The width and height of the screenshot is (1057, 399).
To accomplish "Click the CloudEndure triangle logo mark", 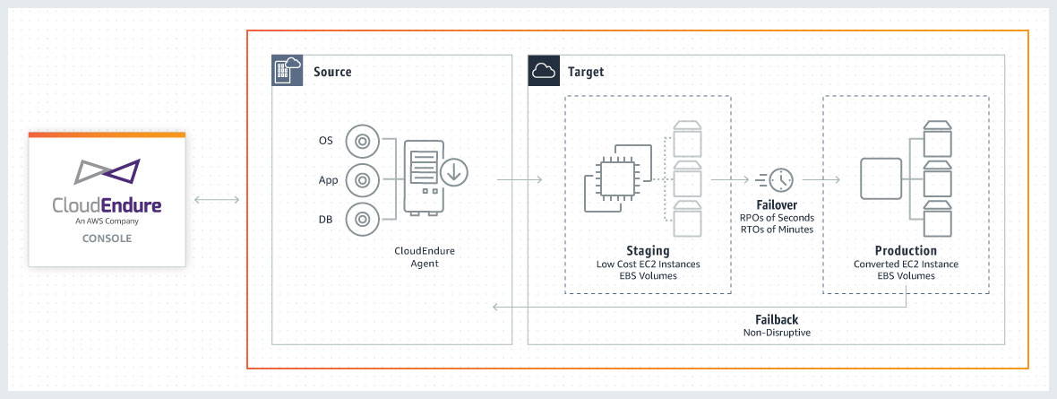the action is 107,172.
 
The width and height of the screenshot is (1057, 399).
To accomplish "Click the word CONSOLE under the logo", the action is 107,239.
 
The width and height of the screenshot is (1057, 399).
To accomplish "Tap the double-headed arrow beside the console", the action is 217,199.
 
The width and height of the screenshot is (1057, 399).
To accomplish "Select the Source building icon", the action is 286,71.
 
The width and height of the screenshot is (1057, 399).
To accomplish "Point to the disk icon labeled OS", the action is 362,142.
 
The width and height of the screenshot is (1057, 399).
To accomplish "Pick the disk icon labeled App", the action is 362,180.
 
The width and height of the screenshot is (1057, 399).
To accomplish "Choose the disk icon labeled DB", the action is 362,219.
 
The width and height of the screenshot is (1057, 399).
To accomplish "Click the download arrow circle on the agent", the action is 454,173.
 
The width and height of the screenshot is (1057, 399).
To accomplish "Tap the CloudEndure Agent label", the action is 425,257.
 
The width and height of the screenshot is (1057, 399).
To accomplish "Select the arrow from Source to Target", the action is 520,179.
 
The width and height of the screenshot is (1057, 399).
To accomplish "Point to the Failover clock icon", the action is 775,179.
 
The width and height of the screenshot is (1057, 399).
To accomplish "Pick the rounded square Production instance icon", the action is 881,178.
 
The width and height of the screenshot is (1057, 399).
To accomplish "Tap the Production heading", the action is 906,250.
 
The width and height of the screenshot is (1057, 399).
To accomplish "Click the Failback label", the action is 777,319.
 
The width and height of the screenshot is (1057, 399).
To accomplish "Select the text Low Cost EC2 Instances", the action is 648,264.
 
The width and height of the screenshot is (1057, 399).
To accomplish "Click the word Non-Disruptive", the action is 777,333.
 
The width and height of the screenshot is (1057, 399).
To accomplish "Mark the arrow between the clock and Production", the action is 821,179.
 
